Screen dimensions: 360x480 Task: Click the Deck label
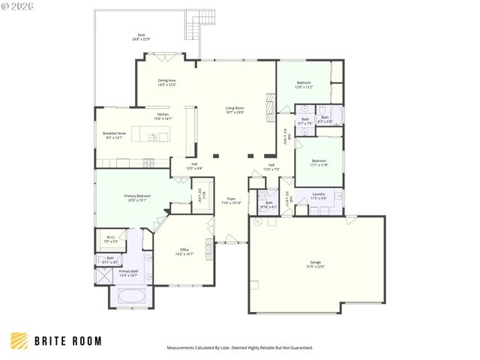(140, 37)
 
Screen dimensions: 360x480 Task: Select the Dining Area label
(166, 82)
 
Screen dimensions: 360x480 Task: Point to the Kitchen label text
(163, 116)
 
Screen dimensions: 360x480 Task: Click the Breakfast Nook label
(113, 136)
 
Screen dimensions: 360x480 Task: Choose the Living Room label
(235, 110)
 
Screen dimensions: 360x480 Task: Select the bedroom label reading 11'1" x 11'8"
(319, 162)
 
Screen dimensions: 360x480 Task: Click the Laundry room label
(318, 196)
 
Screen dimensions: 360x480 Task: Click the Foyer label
(230, 202)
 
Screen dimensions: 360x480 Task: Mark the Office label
(184, 252)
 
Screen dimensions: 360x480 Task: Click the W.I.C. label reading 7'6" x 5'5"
(110, 240)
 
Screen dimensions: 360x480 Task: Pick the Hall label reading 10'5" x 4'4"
(193, 166)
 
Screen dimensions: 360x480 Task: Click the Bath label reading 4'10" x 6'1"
(269, 205)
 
